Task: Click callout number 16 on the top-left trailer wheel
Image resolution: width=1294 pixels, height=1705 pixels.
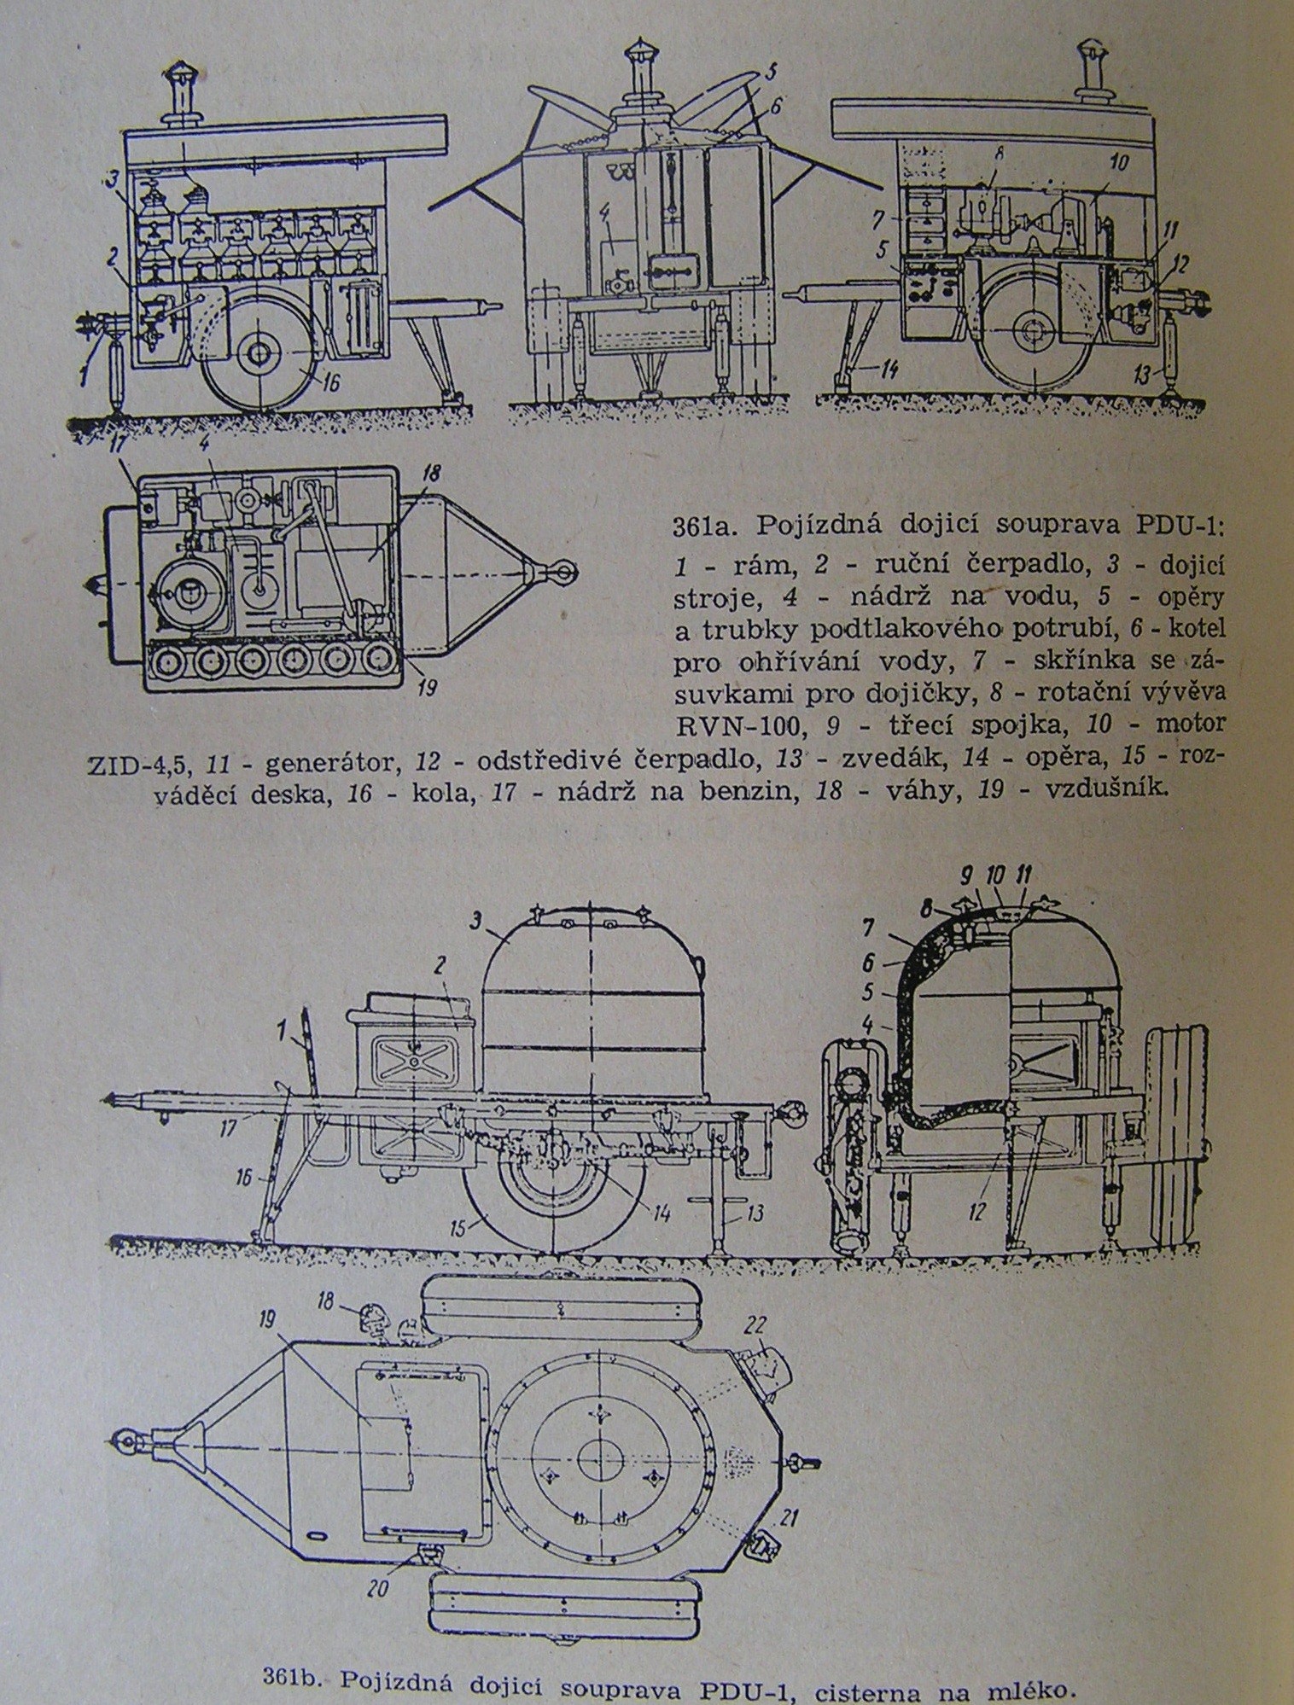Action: [x=331, y=383]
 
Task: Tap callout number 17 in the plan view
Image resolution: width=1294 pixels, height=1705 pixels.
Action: [x=116, y=467]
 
